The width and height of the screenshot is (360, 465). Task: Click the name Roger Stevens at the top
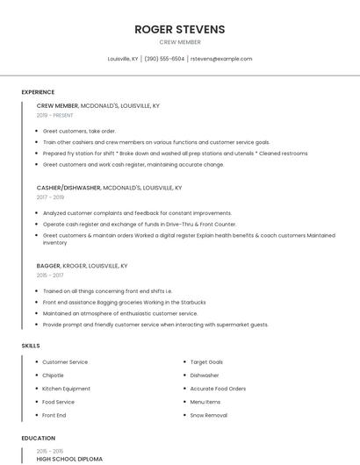180,29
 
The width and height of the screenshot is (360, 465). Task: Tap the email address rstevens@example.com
220,59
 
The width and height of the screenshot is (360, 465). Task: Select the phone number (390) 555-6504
164,59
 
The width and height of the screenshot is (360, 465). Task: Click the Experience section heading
38,92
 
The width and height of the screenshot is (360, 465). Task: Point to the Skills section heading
31,346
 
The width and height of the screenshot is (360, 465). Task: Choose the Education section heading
38,438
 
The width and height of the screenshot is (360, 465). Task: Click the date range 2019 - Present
55,115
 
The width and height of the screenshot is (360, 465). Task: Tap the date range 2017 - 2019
51,197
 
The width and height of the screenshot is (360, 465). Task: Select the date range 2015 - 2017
50,275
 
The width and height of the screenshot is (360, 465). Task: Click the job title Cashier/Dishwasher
68,188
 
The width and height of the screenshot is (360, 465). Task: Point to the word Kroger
76,266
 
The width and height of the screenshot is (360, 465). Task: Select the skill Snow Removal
208,415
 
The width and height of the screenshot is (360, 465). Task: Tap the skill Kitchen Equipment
66,389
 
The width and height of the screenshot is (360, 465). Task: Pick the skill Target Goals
206,362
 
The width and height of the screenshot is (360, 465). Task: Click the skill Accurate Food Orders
218,389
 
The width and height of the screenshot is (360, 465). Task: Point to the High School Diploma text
69,459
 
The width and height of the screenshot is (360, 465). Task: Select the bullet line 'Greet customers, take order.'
79,131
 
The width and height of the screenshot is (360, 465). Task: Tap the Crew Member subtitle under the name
180,42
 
